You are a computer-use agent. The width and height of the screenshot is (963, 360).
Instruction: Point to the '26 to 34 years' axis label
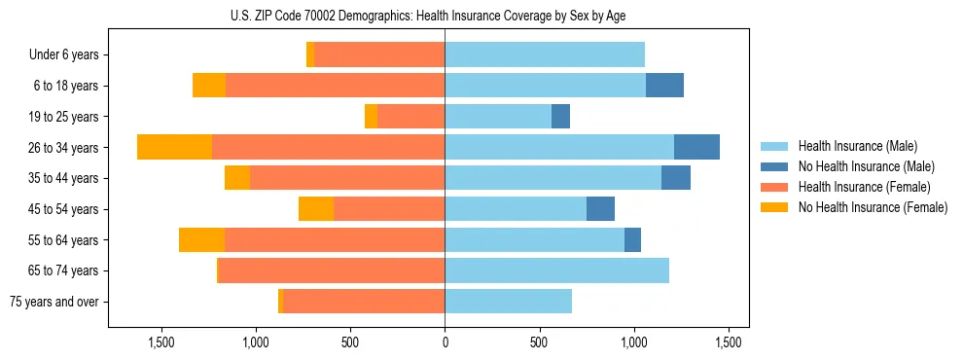63,148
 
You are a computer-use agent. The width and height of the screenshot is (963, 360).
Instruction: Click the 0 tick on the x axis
445,342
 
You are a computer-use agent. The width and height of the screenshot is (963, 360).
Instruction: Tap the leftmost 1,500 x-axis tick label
160,342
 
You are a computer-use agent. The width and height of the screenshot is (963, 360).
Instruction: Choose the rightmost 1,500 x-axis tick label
729,342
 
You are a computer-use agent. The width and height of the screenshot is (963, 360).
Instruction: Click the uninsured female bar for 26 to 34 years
174,147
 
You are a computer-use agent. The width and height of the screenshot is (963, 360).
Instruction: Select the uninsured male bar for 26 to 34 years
696,147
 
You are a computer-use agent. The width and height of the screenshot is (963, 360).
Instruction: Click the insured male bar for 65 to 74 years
556,270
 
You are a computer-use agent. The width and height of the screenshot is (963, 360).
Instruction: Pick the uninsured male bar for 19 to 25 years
560,117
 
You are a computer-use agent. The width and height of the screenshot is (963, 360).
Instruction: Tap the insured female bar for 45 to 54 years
389,209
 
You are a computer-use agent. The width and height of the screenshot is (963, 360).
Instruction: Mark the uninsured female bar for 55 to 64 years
201,240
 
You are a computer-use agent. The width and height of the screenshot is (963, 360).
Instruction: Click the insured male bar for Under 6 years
545,54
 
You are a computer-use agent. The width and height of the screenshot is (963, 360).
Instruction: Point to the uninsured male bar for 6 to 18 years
664,86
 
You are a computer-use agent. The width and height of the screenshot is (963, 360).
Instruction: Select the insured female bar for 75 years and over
364,302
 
